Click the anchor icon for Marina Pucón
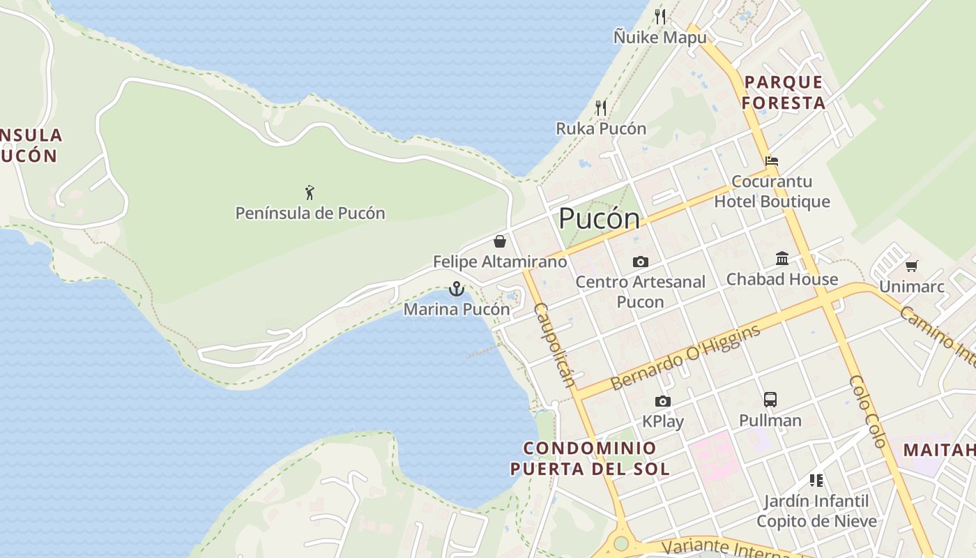[x=456, y=289]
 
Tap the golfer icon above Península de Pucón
[x=310, y=192]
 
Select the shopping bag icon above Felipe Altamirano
[x=500, y=241]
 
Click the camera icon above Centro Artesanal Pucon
[x=640, y=262]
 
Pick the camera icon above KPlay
[x=662, y=401]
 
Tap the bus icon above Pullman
[x=770, y=400]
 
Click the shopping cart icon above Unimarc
[x=911, y=266]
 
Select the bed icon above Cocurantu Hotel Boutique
[x=771, y=160]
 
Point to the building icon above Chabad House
[x=782, y=259]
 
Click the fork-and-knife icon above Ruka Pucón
[x=601, y=107]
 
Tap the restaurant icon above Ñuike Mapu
[x=660, y=16]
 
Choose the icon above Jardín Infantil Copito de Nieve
[x=816, y=480]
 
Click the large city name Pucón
[x=599, y=219]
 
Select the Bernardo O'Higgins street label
[x=685, y=358]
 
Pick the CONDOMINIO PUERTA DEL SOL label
[x=590, y=458]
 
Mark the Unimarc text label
[x=911, y=287]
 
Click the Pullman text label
[x=770, y=421]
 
